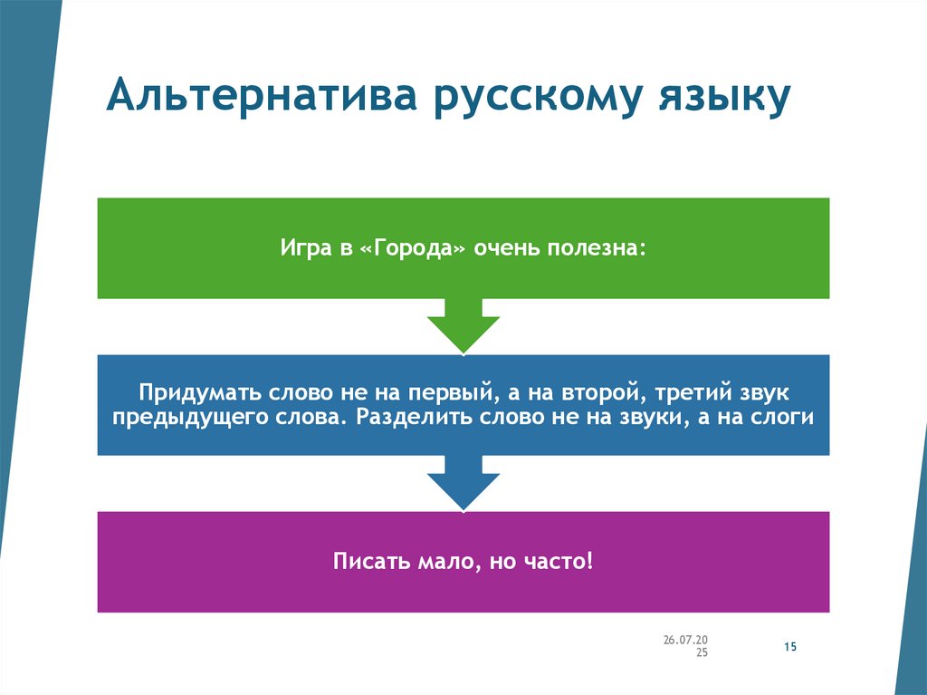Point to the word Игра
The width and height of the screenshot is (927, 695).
click(305, 247)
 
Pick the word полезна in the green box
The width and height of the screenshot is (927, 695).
click(596, 247)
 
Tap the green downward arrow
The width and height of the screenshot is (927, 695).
click(463, 326)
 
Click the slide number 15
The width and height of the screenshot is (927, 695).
click(788, 647)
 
